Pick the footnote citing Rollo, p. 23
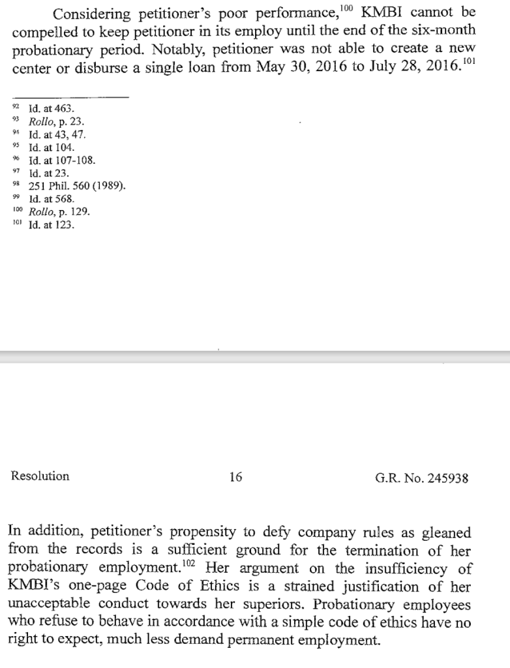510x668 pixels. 57,122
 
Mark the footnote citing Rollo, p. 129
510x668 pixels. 59,212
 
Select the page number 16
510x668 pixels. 236,477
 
